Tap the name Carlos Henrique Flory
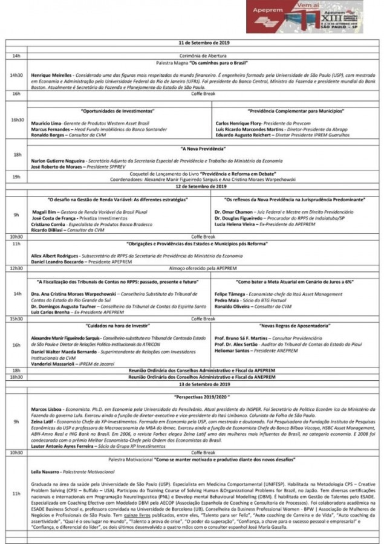(x=239, y=123)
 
